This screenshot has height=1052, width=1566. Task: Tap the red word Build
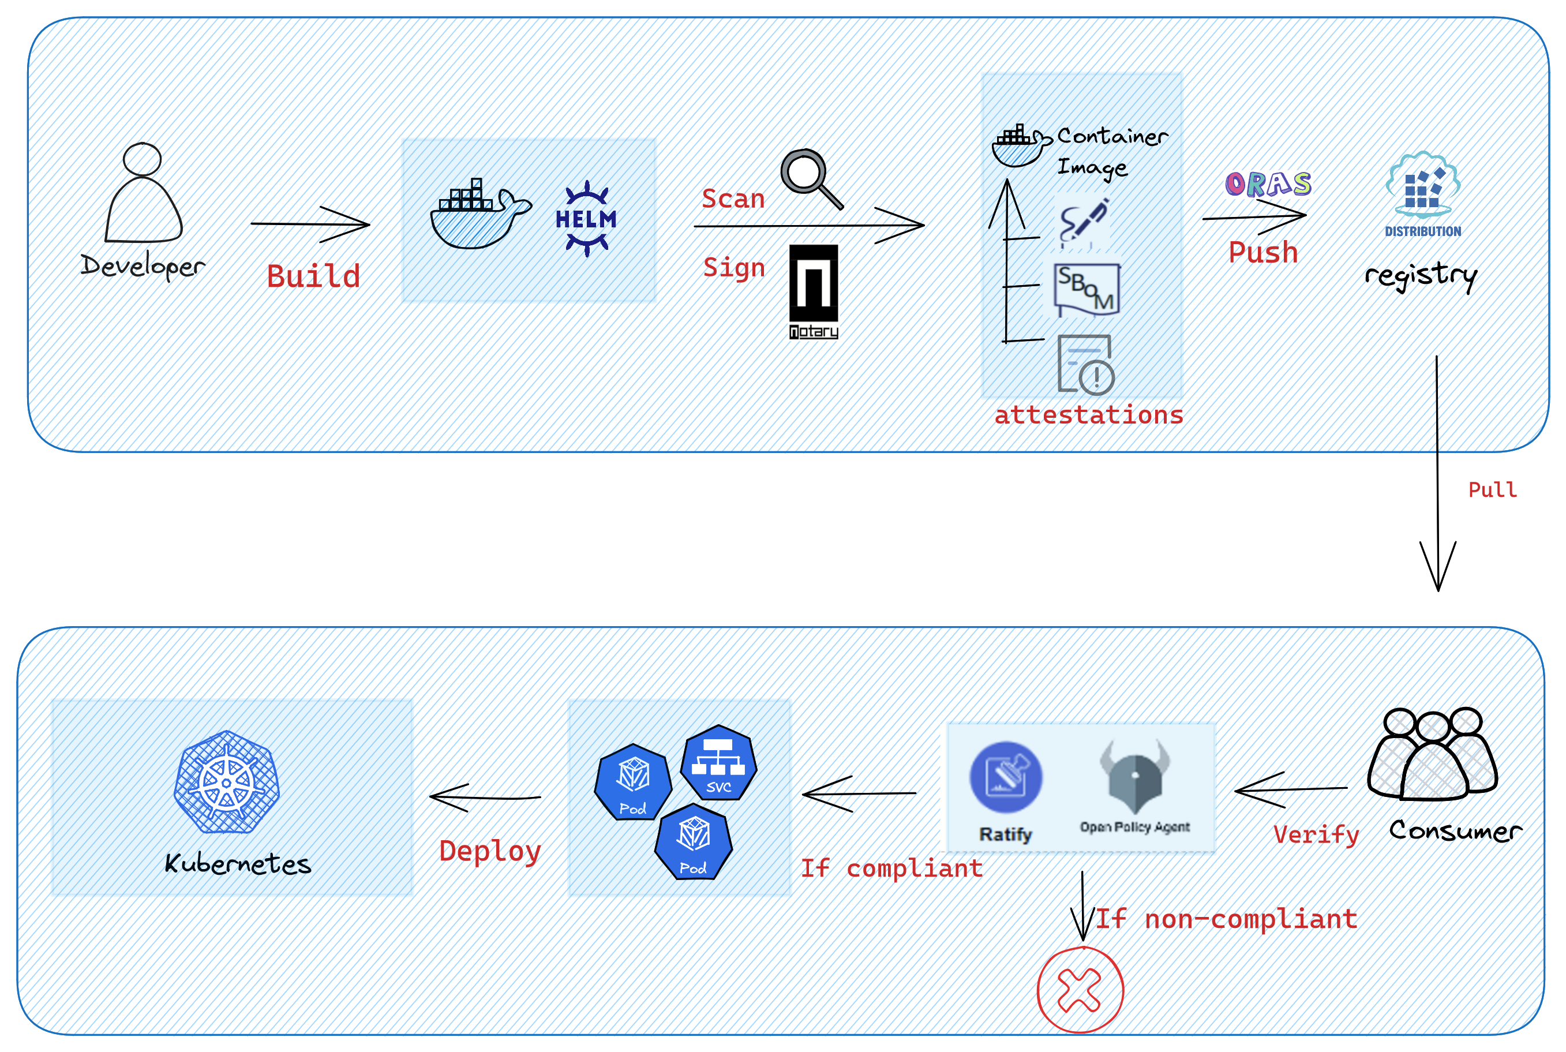pyautogui.click(x=313, y=276)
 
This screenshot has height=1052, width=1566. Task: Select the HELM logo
pyautogui.click(x=586, y=219)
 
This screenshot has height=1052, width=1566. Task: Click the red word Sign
pyautogui.click(x=734, y=268)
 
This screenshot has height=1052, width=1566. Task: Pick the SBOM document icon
pyautogui.click(x=1087, y=289)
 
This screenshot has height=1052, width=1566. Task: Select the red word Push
pyautogui.click(x=1263, y=253)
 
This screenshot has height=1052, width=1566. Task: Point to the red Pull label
pyautogui.click(x=1492, y=490)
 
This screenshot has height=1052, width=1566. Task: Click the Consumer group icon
pyautogui.click(x=1433, y=754)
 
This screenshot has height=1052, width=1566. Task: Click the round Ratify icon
pyautogui.click(x=1005, y=777)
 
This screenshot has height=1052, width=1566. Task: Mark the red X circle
pyautogui.click(x=1080, y=990)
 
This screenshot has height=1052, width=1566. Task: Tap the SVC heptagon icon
pyautogui.click(x=718, y=763)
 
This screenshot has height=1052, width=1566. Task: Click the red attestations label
pyautogui.click(x=1088, y=415)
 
